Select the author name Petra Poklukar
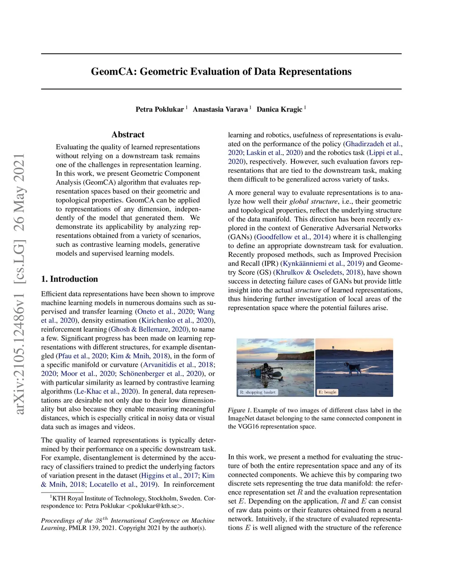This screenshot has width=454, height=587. point(160,109)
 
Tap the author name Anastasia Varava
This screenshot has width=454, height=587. point(220,109)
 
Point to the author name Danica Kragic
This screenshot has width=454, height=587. point(279,109)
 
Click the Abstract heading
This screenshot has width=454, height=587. point(128,135)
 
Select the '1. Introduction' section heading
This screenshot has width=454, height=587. point(70,279)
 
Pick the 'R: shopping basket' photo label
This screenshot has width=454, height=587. point(258,392)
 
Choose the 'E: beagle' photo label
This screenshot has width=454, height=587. point(328,392)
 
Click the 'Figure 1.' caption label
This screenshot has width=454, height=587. point(239,410)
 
